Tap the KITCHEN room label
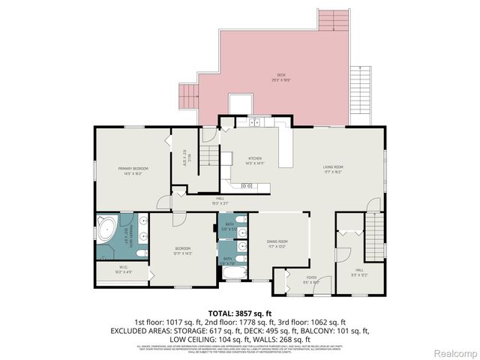(253, 158)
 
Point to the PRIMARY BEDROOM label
(133, 169)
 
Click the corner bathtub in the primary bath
(105, 228)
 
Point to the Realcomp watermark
(454, 352)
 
